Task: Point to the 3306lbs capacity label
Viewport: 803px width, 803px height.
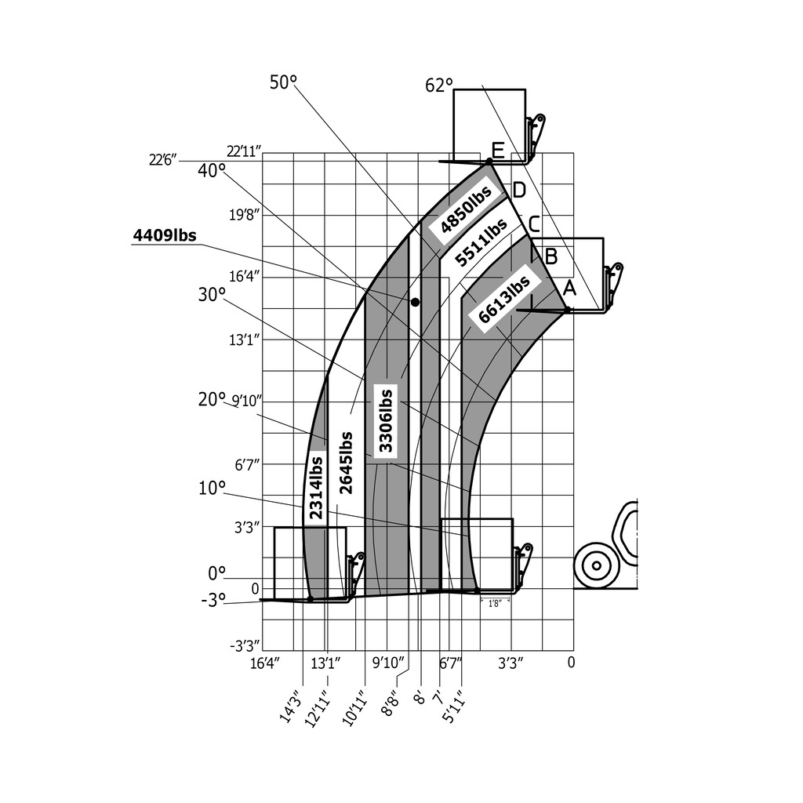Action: [386, 421]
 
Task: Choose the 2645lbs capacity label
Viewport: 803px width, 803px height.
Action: [346, 463]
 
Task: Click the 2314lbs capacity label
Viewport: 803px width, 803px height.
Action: [316, 488]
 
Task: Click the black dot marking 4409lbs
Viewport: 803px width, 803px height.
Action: [415, 302]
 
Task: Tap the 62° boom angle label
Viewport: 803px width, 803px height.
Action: [439, 85]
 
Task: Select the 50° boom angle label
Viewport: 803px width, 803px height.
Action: [284, 82]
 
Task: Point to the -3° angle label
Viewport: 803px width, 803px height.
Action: [213, 600]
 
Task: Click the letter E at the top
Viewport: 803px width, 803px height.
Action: [497, 149]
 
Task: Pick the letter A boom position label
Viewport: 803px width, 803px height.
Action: [570, 289]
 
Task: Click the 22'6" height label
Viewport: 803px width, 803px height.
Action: [162, 160]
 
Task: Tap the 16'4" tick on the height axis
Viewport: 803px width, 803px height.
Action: [245, 277]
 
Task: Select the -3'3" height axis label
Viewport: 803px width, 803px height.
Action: [245, 646]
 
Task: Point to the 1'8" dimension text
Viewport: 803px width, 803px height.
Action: [495, 604]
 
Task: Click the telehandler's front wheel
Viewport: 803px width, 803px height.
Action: [596, 565]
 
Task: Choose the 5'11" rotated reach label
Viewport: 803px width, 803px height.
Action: [452, 708]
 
